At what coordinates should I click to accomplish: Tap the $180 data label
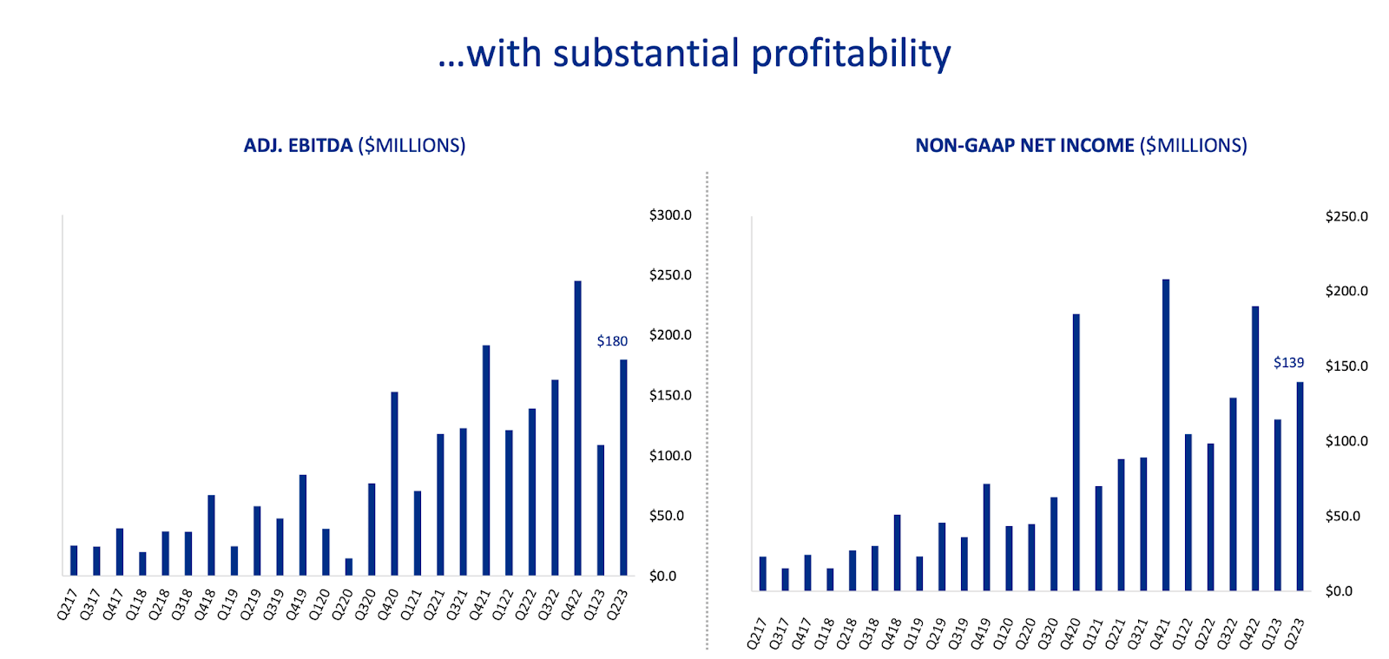click(612, 341)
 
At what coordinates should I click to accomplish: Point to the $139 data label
click(1288, 363)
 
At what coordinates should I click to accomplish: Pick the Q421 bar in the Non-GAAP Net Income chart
click(1166, 434)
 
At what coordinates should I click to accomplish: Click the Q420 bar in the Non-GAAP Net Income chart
click(1076, 451)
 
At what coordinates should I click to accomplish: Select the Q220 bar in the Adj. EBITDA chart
click(348, 566)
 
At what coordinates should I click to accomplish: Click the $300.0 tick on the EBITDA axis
click(670, 215)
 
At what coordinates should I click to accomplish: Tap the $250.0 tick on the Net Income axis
click(1346, 216)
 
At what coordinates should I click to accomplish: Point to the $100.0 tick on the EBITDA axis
click(670, 456)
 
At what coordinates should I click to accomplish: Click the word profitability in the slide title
click(851, 54)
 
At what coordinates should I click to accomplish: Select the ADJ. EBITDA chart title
click(354, 146)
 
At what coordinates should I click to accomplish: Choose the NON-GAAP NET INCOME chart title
click(1081, 146)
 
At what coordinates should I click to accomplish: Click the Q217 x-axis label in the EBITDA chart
click(67, 605)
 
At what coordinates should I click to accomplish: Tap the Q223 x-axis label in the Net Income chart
click(1294, 634)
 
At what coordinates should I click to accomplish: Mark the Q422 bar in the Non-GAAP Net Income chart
click(1255, 448)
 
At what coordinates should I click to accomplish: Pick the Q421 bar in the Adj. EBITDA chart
click(486, 460)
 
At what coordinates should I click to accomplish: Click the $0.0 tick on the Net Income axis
click(1339, 591)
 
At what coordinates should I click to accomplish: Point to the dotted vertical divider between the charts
click(708, 408)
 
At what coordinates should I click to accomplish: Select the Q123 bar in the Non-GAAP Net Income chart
click(1278, 505)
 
